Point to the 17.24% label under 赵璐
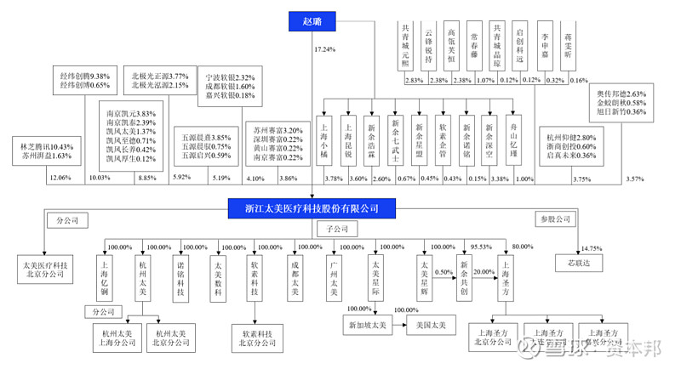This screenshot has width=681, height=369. [326, 51]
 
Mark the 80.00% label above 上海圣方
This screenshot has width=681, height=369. [522, 247]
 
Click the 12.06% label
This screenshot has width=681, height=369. [60, 178]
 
